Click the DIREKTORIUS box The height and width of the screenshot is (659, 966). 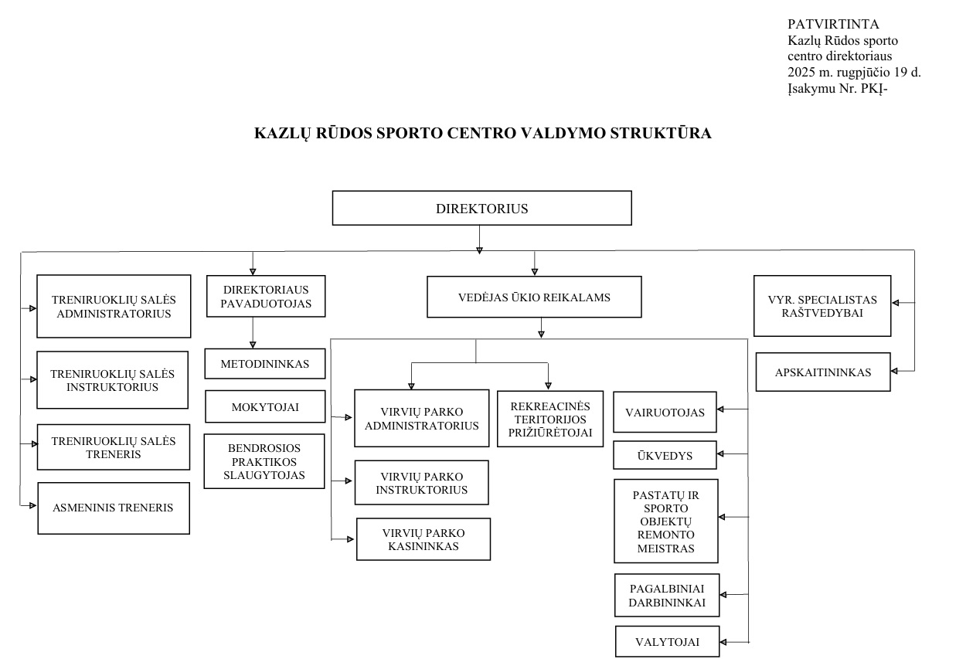click(x=481, y=208)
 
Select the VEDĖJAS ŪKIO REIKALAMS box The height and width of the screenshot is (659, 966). click(x=534, y=297)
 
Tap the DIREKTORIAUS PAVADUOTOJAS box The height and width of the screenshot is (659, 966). click(x=266, y=296)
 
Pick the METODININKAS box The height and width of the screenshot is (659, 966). click(x=265, y=364)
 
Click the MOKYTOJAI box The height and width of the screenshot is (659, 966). click(x=265, y=406)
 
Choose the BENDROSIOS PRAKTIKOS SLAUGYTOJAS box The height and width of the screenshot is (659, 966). click(x=264, y=461)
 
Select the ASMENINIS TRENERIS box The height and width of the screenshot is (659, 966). click(x=114, y=508)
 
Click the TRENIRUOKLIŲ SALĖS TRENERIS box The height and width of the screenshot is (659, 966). click(x=114, y=447)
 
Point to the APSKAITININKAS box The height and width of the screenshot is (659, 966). click(x=823, y=372)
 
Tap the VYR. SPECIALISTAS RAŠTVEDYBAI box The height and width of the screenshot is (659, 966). click(x=822, y=306)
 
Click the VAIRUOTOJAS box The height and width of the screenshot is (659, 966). click(x=665, y=412)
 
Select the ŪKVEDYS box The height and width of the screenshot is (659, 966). click(x=665, y=455)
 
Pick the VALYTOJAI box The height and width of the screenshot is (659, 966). click(x=667, y=641)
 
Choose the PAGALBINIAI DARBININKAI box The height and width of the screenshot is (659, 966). click(x=667, y=595)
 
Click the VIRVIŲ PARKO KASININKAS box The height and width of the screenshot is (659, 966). click(x=423, y=539)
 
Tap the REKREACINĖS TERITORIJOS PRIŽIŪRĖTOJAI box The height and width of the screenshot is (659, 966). click(x=549, y=419)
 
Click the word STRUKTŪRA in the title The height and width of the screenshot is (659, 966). click(x=660, y=133)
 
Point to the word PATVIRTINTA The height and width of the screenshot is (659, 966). click(x=833, y=24)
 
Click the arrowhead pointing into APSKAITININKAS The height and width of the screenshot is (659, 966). click(x=894, y=371)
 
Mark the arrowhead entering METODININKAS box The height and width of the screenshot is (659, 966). click(x=253, y=345)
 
